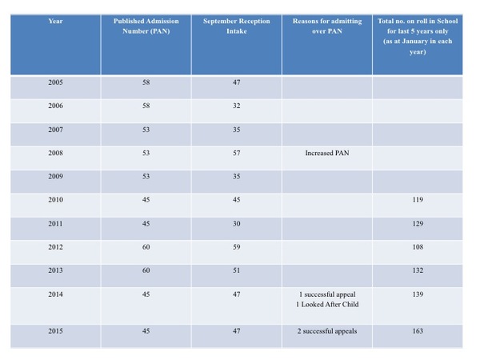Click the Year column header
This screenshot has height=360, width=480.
coord(55,21)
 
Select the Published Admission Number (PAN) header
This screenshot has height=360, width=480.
coord(146,26)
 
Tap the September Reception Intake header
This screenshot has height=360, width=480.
coord(237,26)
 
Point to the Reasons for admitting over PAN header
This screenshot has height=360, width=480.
coord(327,26)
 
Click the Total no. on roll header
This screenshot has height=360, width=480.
coord(418,36)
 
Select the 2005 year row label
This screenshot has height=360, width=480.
coord(55,82)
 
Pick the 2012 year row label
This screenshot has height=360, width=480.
coord(55,247)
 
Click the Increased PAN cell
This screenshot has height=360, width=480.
coord(327,153)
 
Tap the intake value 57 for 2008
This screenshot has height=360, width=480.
coord(237,153)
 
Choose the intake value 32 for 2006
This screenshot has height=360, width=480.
coord(237,106)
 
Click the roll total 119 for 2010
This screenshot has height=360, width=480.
coord(418,200)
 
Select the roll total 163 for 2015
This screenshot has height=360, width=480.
coord(418,331)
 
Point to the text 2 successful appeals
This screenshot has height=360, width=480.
coord(327,331)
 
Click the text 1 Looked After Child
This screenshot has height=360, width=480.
coord(327,305)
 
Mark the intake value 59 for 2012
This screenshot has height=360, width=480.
coord(237,247)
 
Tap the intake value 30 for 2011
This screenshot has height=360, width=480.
coord(237,224)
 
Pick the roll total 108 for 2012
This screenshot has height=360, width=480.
coord(418,247)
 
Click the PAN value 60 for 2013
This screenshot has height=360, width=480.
coord(146,270)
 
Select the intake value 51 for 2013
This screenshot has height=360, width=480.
coord(237,270)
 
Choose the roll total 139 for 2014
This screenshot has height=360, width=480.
coord(418,294)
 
